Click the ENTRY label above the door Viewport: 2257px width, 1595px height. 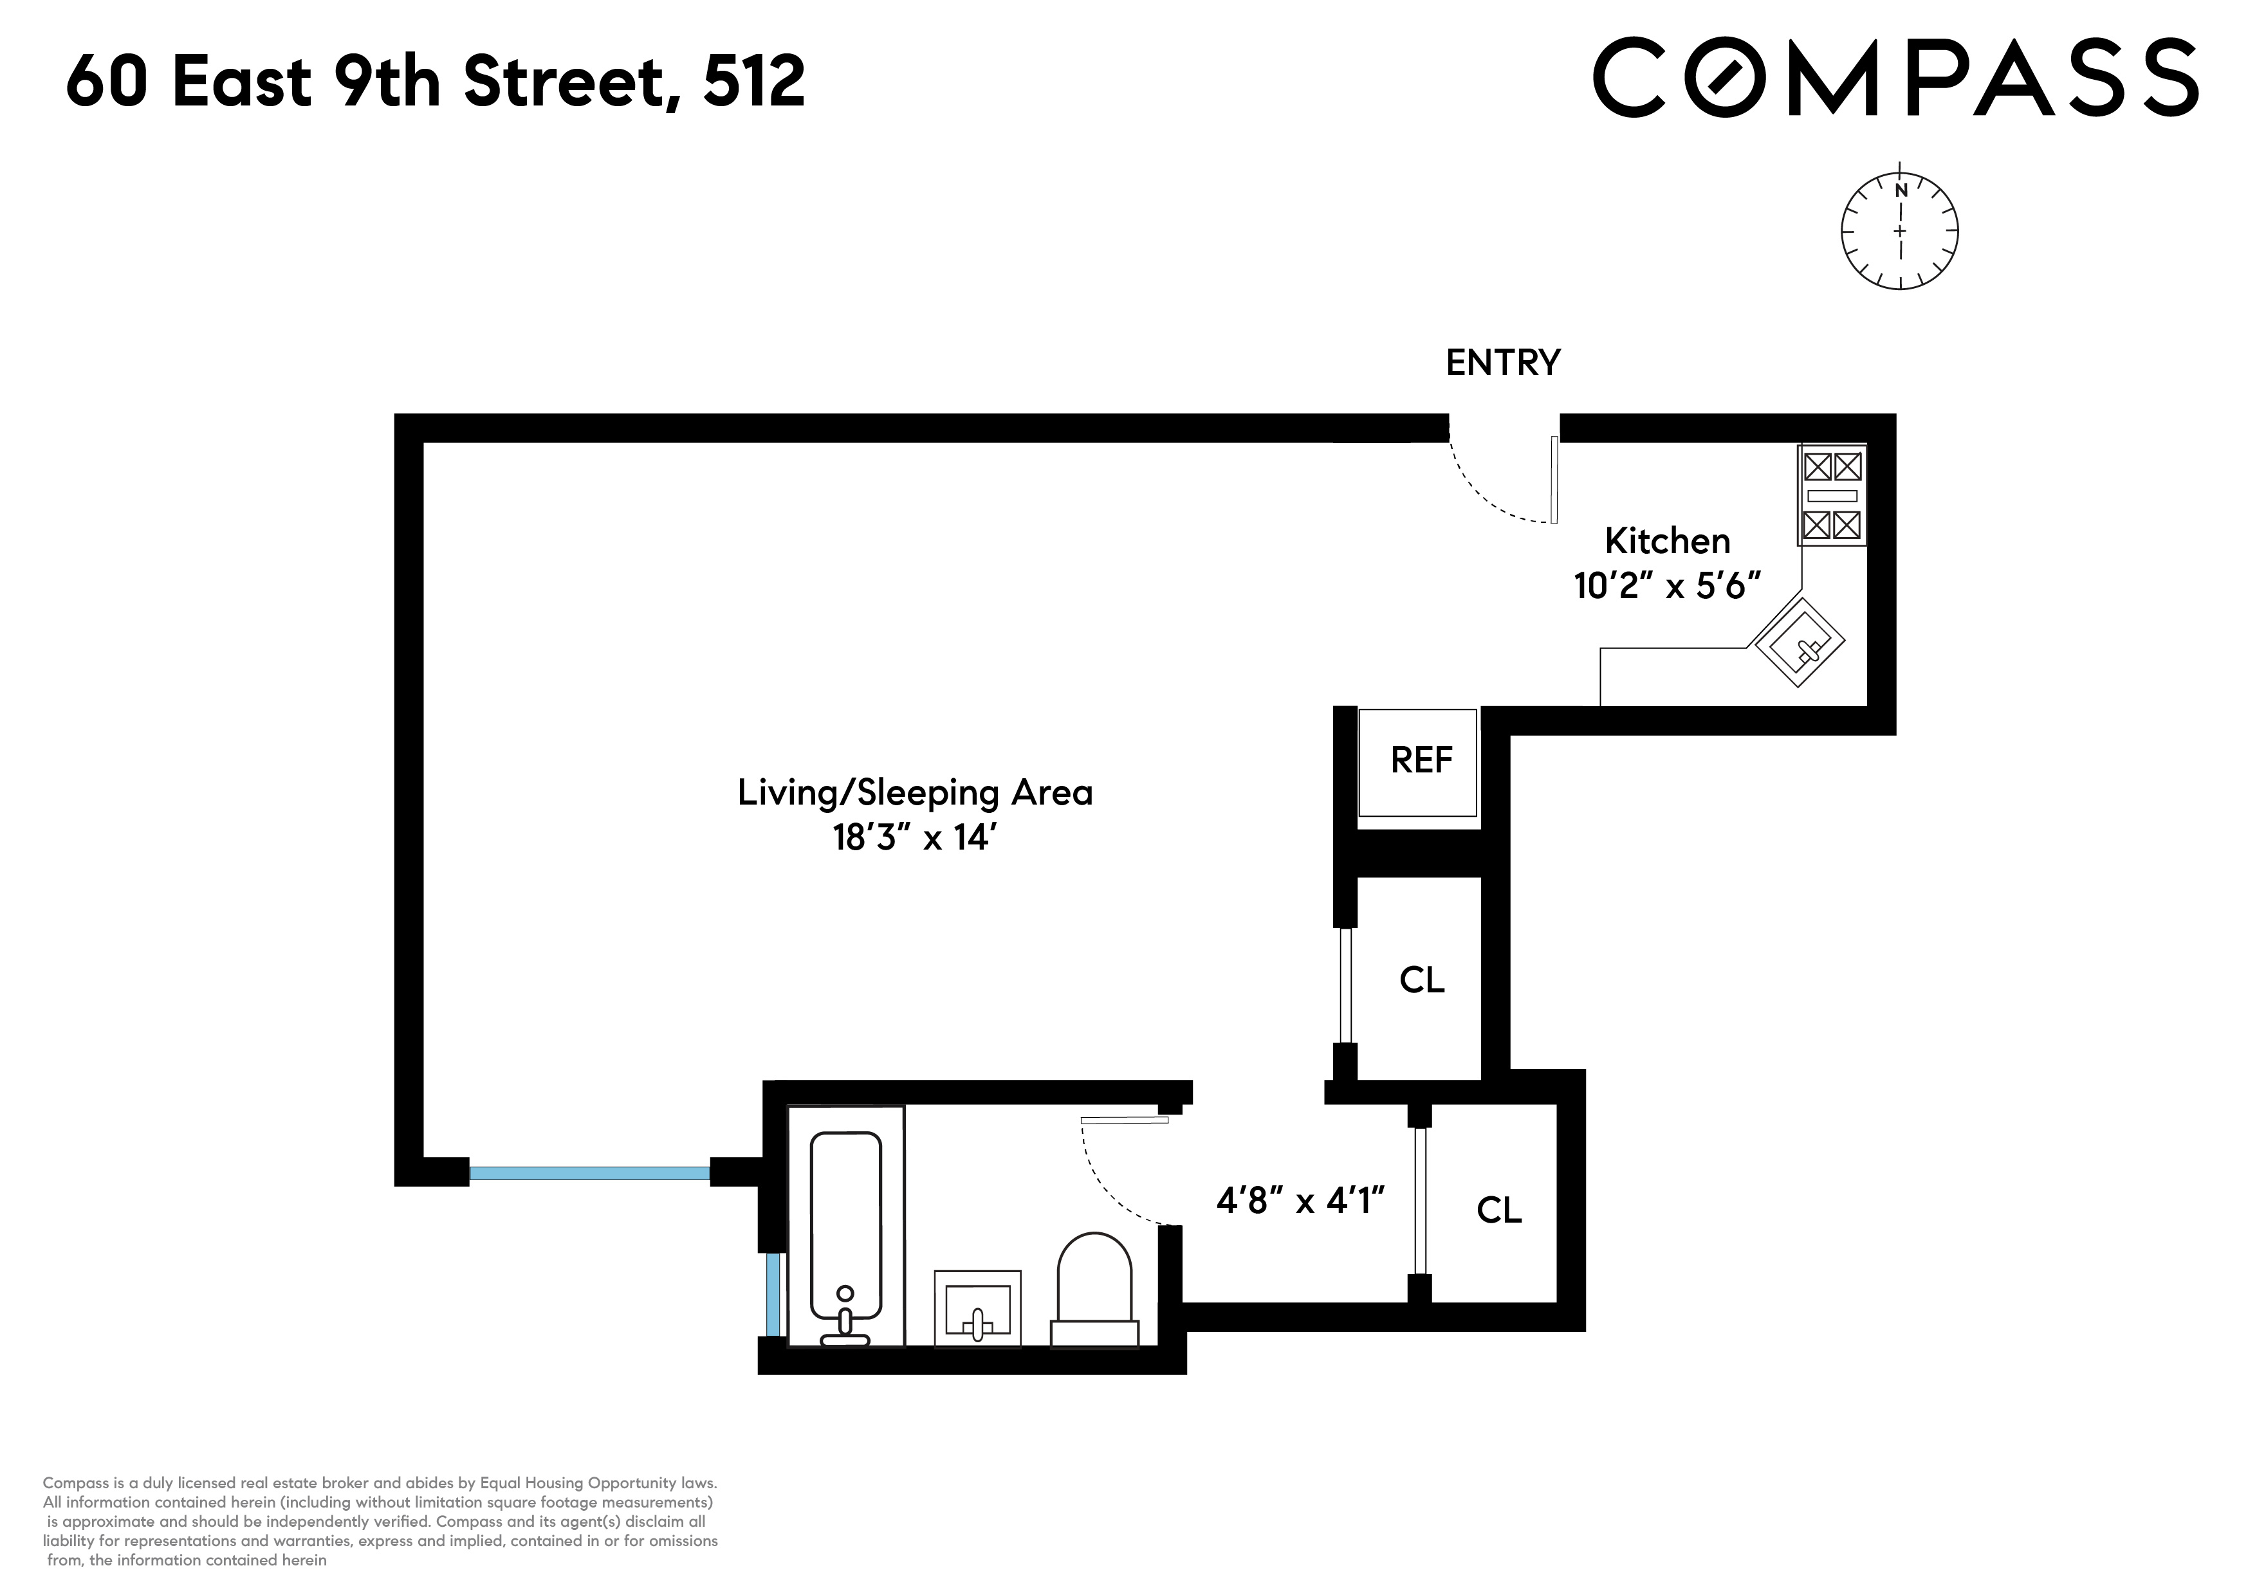click(x=1502, y=363)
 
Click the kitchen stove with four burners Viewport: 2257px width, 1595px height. click(x=1831, y=495)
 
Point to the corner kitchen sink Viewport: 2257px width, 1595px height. click(x=1799, y=642)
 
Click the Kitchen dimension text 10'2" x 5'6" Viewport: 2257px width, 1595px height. click(x=1666, y=587)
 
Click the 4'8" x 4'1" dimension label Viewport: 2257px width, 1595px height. click(x=1300, y=1200)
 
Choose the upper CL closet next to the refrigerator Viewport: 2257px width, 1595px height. click(x=1421, y=980)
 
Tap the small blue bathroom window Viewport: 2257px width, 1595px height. click(x=773, y=1293)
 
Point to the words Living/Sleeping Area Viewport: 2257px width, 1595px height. click(x=915, y=792)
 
